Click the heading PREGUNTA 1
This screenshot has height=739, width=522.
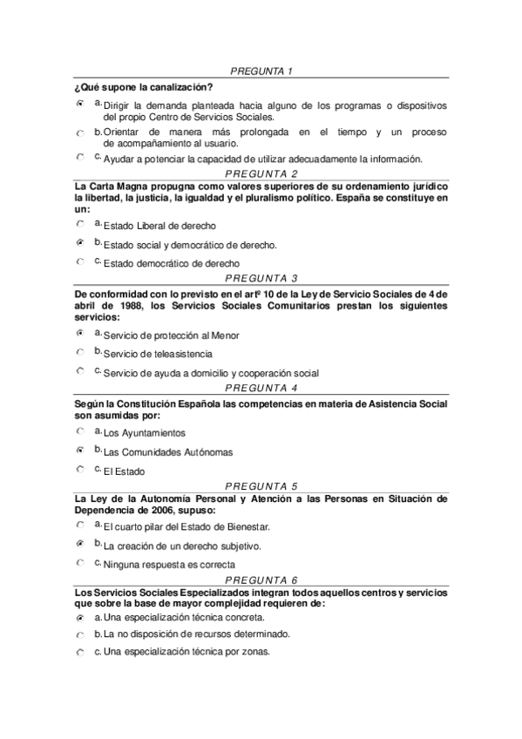coord(261,70)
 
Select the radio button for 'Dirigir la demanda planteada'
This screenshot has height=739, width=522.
coord(80,103)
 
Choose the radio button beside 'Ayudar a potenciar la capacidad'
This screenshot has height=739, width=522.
coord(80,158)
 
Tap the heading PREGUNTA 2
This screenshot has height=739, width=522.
coord(261,174)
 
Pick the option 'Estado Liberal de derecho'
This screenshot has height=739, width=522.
coord(80,224)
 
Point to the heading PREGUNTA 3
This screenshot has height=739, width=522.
coord(261,278)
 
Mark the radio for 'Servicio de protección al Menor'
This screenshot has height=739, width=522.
coord(80,333)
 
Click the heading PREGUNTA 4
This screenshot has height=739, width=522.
coord(261,388)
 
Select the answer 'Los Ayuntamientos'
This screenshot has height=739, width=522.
coord(80,431)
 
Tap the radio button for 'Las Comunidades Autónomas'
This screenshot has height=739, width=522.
coord(80,450)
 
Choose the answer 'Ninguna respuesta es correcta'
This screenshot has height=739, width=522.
coord(80,563)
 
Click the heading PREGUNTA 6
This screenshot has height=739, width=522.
coord(261,580)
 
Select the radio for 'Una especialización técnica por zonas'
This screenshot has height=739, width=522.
coord(80,652)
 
